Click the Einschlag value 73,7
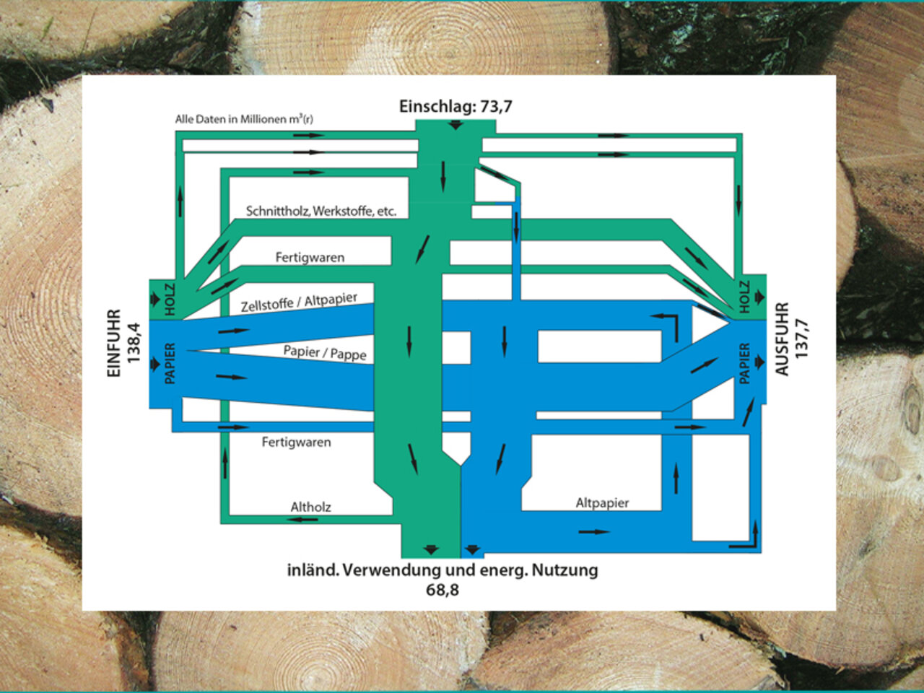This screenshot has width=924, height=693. click(x=497, y=106)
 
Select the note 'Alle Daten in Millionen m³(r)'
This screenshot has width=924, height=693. click(x=244, y=119)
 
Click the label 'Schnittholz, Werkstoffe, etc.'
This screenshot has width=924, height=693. click(x=321, y=211)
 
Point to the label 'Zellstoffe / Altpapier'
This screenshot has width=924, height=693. click(x=299, y=302)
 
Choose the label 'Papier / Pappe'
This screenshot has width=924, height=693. click(x=325, y=352)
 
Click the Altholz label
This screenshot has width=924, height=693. click(x=310, y=507)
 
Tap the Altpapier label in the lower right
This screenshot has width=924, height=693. click(x=602, y=503)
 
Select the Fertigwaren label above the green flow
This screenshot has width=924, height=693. click(x=310, y=257)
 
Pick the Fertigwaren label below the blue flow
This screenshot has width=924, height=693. click(x=297, y=442)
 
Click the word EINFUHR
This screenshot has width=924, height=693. click(x=114, y=344)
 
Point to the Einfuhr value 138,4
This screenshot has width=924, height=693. click(x=134, y=343)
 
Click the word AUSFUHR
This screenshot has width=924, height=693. click(x=781, y=339)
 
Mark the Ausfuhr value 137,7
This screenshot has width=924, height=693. click(x=801, y=339)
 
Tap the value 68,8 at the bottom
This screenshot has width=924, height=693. click(x=442, y=590)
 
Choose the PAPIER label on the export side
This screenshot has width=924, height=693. click(x=744, y=364)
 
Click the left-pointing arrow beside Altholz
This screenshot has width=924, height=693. click(x=302, y=520)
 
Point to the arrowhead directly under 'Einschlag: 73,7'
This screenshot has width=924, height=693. click(x=456, y=125)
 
